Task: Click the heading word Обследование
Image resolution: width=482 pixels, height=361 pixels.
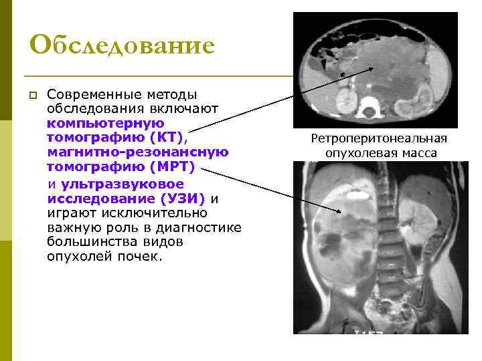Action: (x=122, y=45)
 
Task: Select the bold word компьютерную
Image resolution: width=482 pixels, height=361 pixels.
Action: (x=106, y=124)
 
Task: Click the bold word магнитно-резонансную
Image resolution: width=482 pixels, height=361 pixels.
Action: (x=138, y=152)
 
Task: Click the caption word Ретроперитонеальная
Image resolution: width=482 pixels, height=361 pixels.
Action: (x=378, y=139)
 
